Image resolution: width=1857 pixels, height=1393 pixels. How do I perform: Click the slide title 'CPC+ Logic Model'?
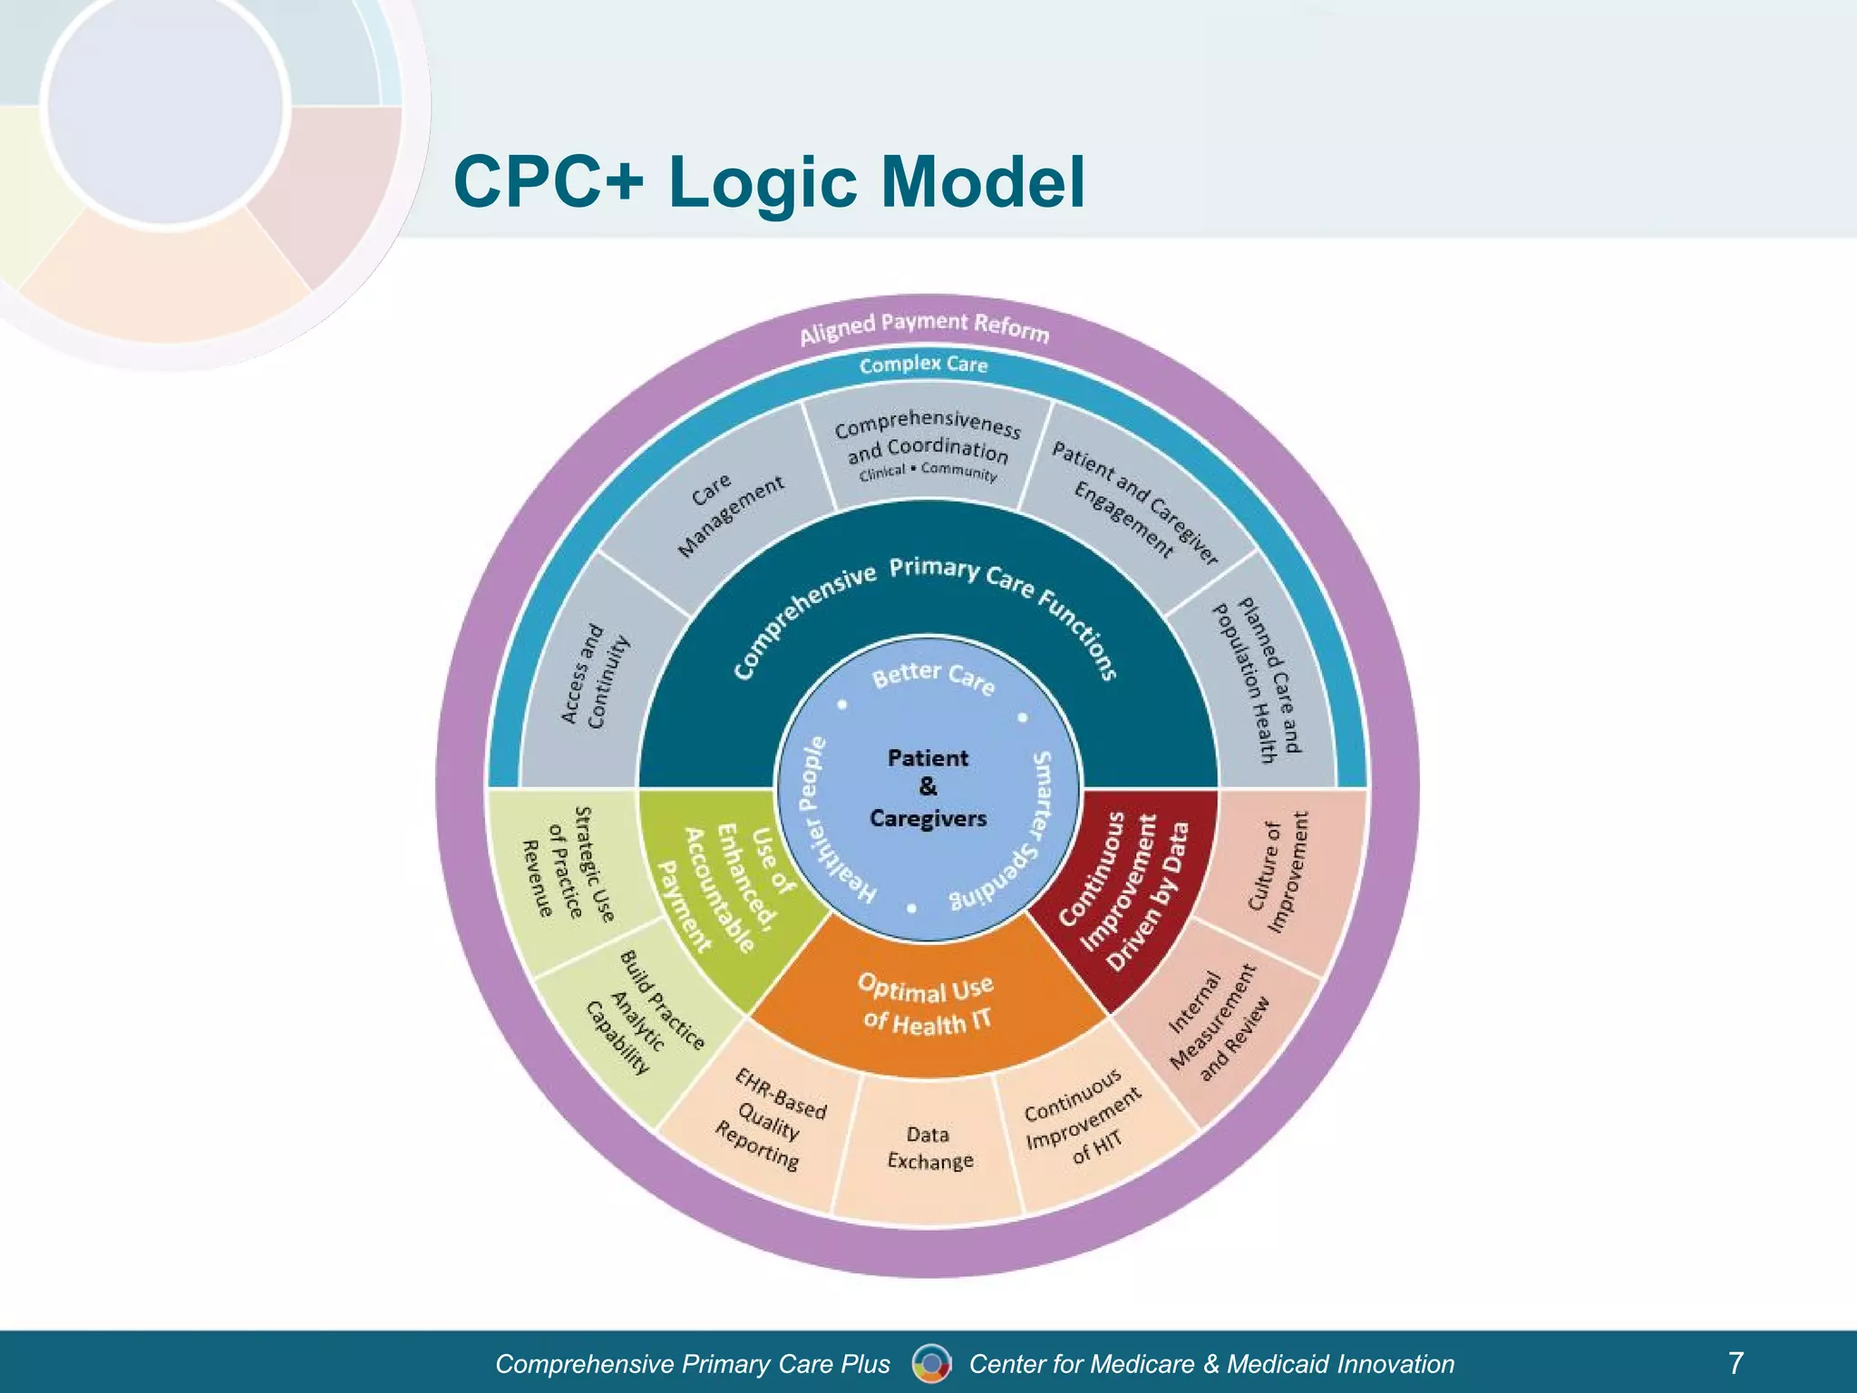[x=768, y=181]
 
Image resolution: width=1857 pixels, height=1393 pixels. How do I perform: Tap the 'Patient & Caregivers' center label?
[x=928, y=787]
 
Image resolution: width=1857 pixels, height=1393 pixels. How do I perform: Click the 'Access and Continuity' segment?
[x=595, y=676]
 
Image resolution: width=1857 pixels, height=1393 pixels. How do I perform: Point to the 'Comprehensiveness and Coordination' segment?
[x=927, y=446]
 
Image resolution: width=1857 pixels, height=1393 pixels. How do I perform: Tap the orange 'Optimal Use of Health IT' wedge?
[x=926, y=1005]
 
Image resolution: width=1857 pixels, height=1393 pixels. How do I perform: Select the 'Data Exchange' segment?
[x=928, y=1147]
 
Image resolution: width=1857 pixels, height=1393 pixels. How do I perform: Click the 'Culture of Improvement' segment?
[x=1277, y=872]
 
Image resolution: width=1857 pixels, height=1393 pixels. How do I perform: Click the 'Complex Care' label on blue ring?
[x=923, y=365]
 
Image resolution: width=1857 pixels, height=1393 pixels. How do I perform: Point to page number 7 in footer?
[x=1735, y=1362]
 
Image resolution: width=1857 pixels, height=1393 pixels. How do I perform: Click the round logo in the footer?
[x=931, y=1363]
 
